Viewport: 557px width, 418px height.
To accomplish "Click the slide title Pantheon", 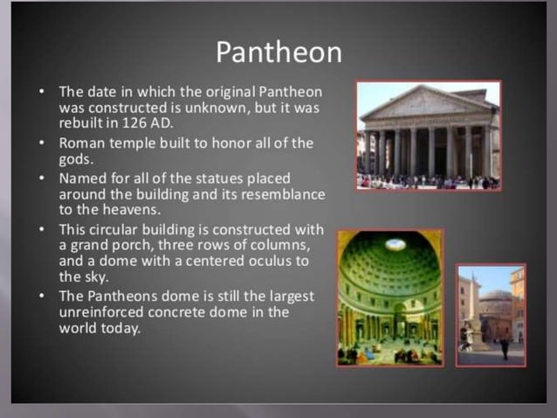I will [x=278, y=52].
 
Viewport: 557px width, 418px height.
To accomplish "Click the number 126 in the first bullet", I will [x=122, y=122].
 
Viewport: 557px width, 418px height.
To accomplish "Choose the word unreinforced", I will [x=102, y=312].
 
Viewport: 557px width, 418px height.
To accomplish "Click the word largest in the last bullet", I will [x=283, y=296].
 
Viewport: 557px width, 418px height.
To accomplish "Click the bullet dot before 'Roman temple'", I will [x=42, y=142].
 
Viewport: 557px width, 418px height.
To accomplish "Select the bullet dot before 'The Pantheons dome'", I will [x=42, y=296].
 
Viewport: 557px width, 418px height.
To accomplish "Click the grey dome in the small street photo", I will [x=498, y=297].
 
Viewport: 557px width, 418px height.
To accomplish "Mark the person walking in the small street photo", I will [x=505, y=346].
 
